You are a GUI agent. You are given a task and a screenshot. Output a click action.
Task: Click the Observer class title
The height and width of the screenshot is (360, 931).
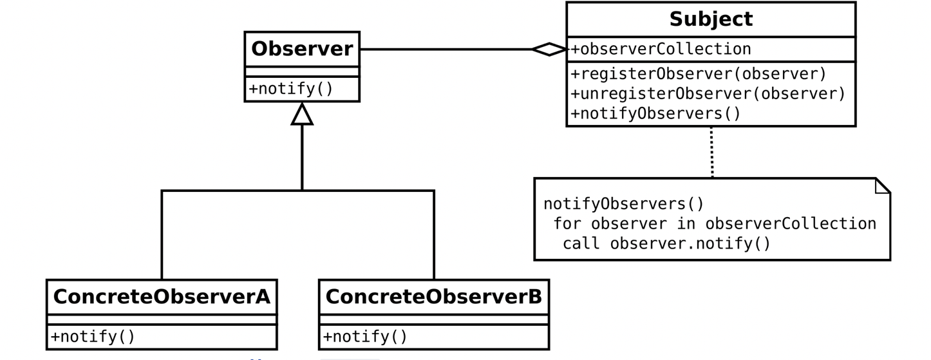tap(302, 49)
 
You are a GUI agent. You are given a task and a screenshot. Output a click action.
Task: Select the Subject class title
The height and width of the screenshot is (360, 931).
tap(711, 19)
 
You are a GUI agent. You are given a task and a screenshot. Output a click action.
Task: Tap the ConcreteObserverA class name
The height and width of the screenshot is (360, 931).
tap(162, 296)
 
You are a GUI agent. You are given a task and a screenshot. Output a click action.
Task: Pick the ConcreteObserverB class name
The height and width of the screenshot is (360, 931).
tap(434, 296)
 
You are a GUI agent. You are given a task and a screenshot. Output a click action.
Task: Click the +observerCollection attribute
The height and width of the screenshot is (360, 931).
tap(661, 49)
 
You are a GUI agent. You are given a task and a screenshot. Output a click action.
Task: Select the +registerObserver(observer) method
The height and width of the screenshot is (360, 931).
tap(699, 74)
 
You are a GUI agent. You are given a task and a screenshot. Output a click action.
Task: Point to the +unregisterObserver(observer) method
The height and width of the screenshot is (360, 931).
tap(708, 94)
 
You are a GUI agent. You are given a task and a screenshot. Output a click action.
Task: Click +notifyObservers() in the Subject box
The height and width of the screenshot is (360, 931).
tap(655, 113)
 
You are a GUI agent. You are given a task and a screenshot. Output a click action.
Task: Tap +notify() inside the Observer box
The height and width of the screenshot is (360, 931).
tap(291, 89)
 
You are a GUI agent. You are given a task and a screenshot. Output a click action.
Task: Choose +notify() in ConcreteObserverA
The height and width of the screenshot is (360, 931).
tap(93, 336)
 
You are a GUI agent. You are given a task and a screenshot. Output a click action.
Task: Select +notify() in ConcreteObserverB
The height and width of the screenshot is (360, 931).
tap(365, 336)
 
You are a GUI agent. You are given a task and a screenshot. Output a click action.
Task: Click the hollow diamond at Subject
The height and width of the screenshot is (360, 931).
tap(549, 49)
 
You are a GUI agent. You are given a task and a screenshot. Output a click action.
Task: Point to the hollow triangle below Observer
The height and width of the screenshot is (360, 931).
tap(302, 114)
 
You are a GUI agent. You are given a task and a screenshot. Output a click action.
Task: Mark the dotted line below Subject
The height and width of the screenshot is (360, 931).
tap(712, 152)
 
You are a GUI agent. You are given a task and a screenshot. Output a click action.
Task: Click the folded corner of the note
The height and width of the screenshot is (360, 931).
tap(882, 186)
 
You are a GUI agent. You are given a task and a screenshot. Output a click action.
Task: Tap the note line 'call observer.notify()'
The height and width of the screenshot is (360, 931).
tap(666, 243)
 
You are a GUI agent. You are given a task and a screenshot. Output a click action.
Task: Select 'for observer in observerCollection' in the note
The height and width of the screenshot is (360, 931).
tap(715, 223)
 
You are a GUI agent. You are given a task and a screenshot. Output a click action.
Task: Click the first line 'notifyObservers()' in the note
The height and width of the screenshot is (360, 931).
tap(623, 204)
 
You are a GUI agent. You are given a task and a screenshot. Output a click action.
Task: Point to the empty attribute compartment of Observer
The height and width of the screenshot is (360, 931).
tap(302, 71)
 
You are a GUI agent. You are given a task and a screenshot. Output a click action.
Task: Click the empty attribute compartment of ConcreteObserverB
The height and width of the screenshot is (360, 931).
tap(434, 319)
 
